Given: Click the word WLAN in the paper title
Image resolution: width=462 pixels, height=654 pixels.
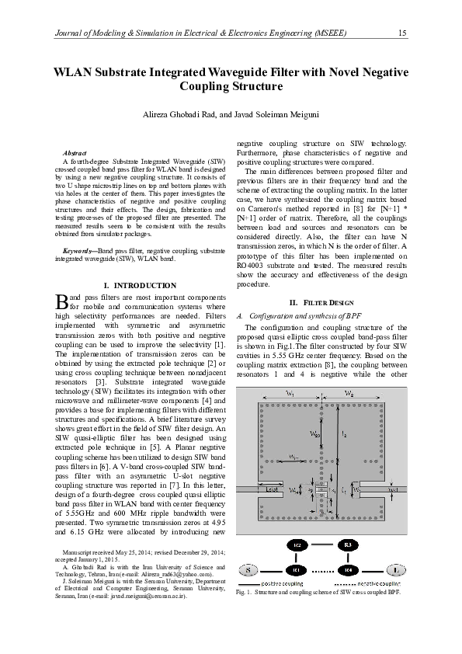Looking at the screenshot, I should click(75, 72).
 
